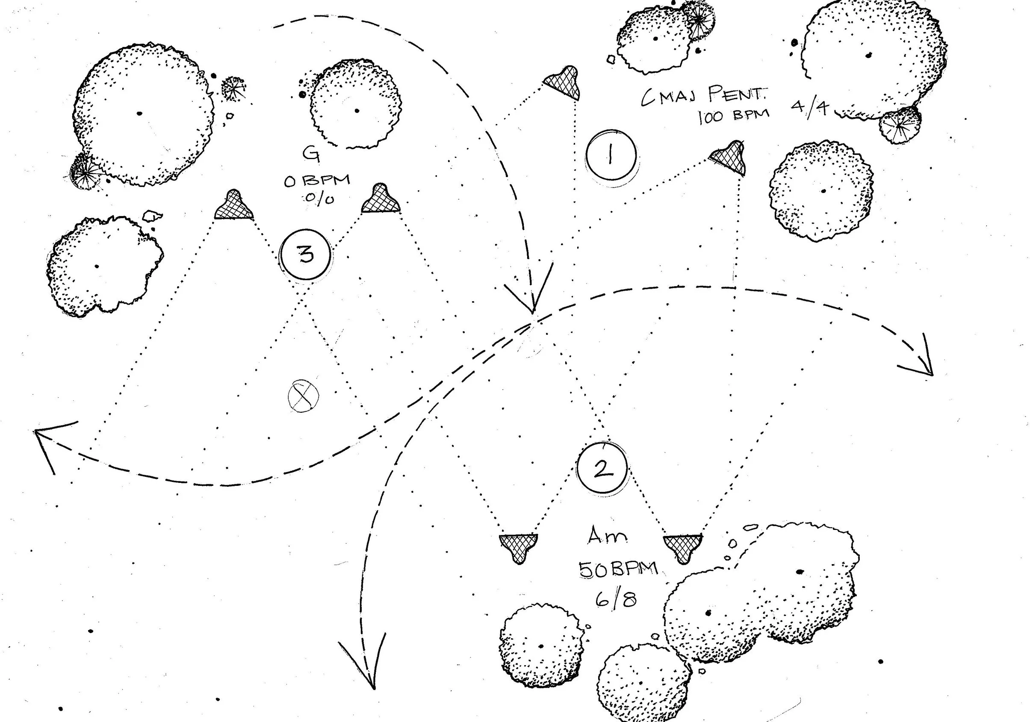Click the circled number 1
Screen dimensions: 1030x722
611,155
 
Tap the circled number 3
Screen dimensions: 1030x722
306,255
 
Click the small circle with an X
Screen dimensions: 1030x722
303,396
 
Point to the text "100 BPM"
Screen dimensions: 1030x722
733,116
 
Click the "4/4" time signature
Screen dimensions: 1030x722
809,108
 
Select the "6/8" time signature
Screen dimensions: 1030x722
616,598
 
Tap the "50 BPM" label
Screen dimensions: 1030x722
618,569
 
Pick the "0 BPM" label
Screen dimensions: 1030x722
317,181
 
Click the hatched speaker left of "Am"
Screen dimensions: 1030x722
519,546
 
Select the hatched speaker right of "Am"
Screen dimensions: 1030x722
683,547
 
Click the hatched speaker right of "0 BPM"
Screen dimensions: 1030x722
381,200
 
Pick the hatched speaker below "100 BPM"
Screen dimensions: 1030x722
729,157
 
